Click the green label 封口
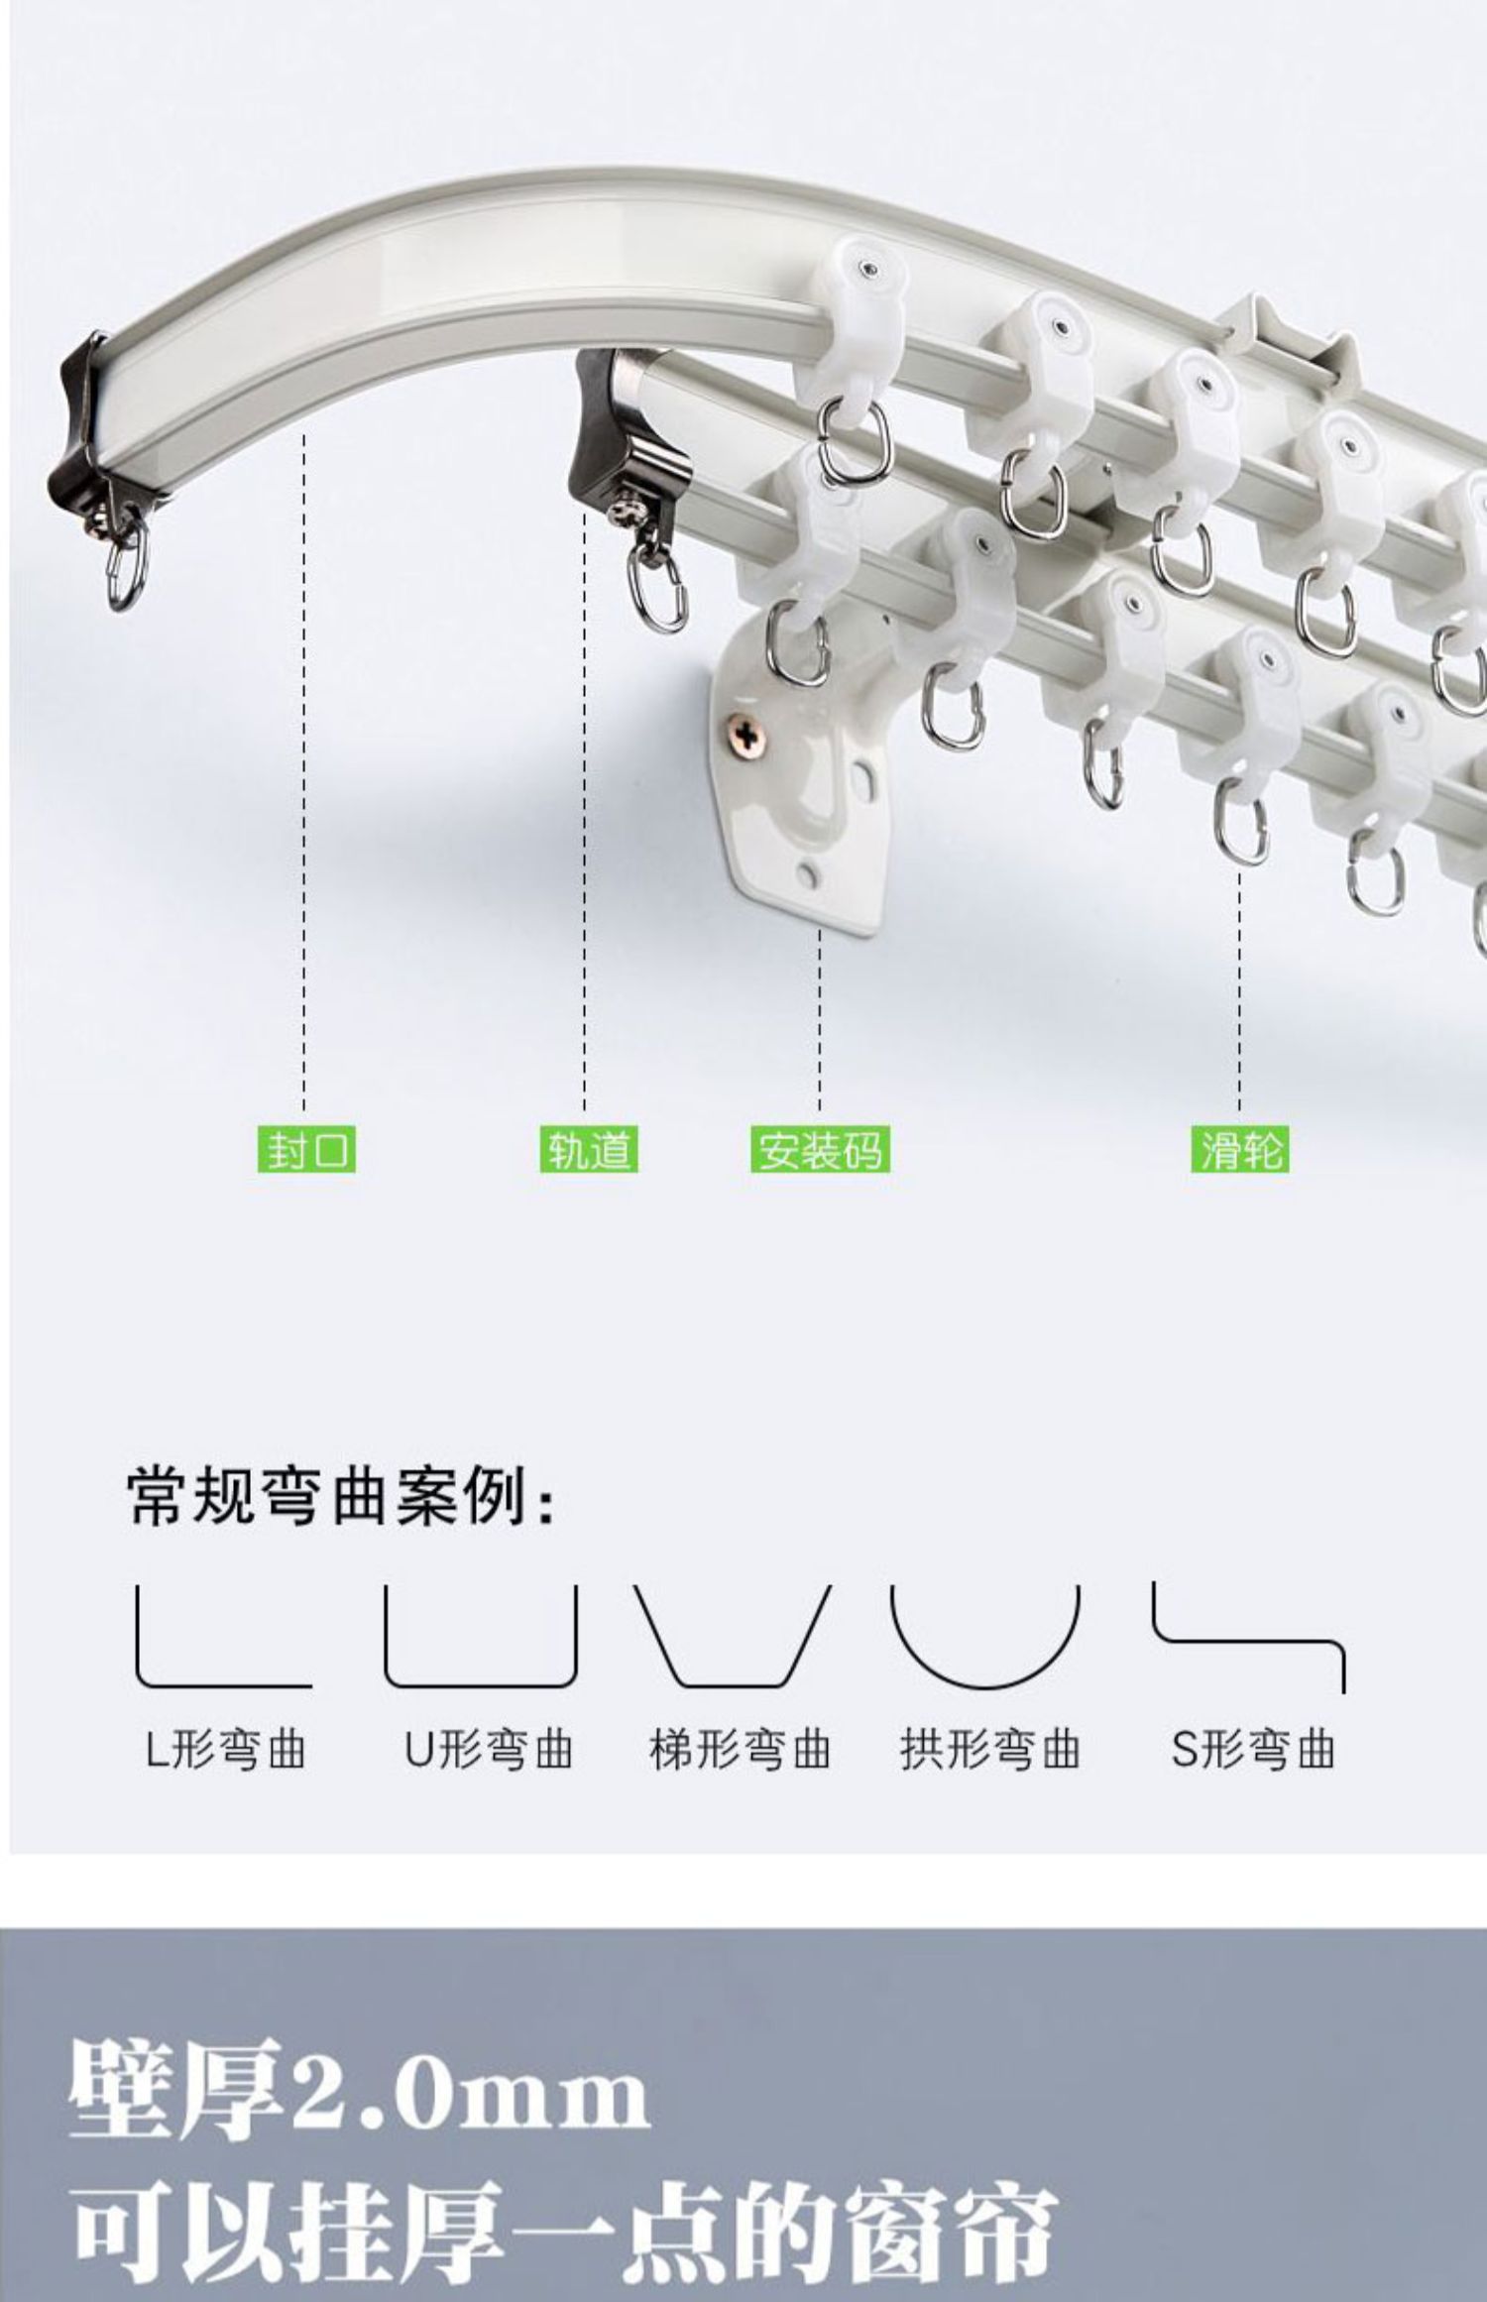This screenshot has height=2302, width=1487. click(305, 1150)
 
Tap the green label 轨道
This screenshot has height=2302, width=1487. click(588, 1150)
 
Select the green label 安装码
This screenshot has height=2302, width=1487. click(819, 1150)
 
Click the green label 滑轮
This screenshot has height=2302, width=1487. click(1240, 1150)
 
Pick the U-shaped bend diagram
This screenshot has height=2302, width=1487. click(480, 1637)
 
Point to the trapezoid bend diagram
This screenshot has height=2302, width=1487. click(732, 1637)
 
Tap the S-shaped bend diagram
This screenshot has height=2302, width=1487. click(1248, 1637)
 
